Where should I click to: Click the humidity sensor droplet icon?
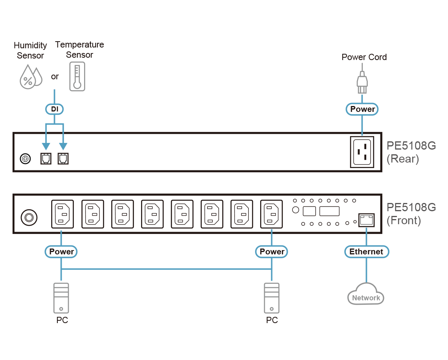pyautogui.click(x=30, y=78)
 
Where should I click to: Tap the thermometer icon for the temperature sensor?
pyautogui.click(x=77, y=77)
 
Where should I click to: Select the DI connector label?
pyautogui.click(x=55, y=109)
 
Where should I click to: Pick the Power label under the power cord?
pyautogui.click(x=362, y=109)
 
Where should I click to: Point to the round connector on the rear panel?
pyautogui.click(x=26, y=159)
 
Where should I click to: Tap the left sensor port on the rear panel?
pyautogui.click(x=46, y=159)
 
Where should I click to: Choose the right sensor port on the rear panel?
pyautogui.click(x=63, y=159)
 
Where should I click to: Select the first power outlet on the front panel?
pyautogui.click(x=62, y=214)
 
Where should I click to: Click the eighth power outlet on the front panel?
pyautogui.click(x=272, y=214)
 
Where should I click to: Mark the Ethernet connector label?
pyautogui.click(x=366, y=252)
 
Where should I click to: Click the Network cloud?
pyautogui.click(x=365, y=295)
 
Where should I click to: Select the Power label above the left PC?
pyautogui.click(x=62, y=252)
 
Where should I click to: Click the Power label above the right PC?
pyautogui.click(x=272, y=252)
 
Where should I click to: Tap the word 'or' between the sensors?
pyautogui.click(x=55, y=77)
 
